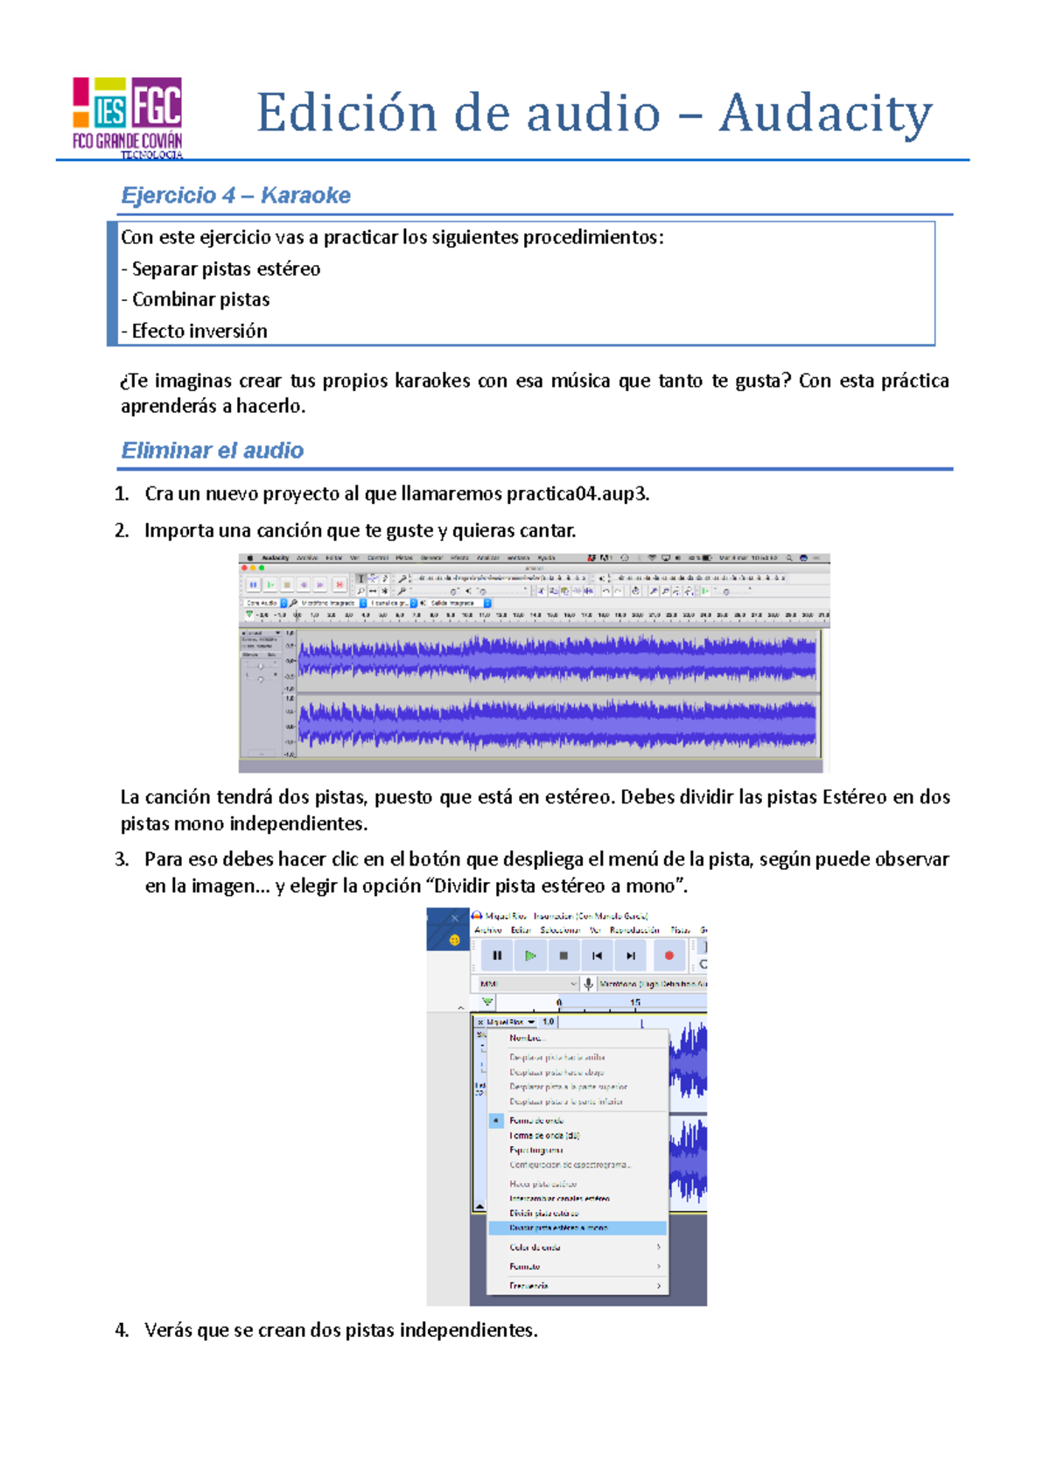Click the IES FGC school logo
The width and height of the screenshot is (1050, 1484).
pyautogui.click(x=128, y=116)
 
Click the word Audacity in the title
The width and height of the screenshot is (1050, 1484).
pyautogui.click(x=825, y=114)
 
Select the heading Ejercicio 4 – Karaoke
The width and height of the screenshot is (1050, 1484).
pyautogui.click(x=235, y=195)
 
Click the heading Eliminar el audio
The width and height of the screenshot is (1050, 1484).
pyautogui.click(x=213, y=451)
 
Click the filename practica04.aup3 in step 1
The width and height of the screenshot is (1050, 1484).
pyautogui.click(x=577, y=493)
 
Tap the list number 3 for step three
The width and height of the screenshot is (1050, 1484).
pyautogui.click(x=121, y=859)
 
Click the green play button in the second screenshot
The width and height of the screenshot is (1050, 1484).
pyautogui.click(x=530, y=955)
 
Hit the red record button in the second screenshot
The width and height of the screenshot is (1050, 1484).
pyautogui.click(x=669, y=955)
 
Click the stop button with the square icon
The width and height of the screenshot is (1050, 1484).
pyautogui.click(x=563, y=955)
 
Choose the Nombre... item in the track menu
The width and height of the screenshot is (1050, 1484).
pyautogui.click(x=527, y=1038)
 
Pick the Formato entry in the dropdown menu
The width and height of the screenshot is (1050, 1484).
pyautogui.click(x=525, y=1266)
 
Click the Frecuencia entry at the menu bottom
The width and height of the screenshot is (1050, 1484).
pyautogui.click(x=528, y=1285)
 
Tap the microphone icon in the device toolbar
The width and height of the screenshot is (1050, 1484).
pyautogui.click(x=589, y=983)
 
